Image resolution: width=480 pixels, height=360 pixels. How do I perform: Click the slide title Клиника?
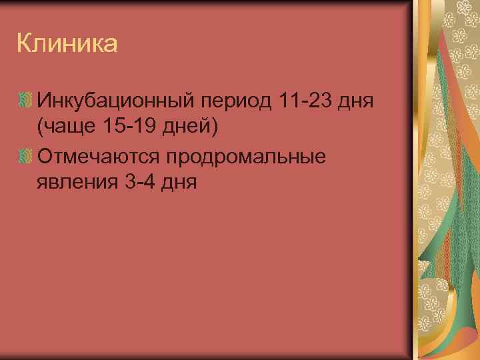tap(67, 44)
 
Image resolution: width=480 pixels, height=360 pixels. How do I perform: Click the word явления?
tap(77, 181)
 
